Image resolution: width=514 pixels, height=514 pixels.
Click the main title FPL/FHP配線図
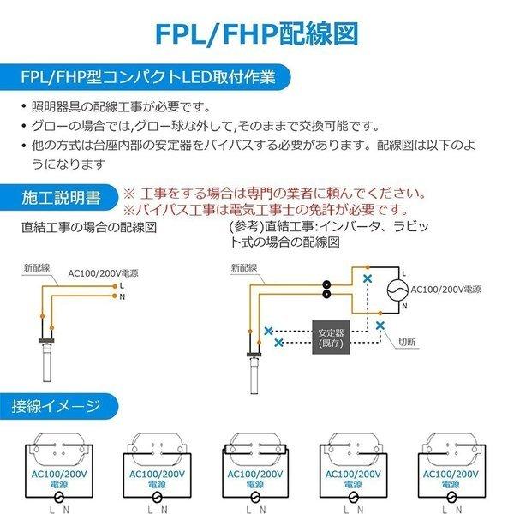pyautogui.click(x=257, y=33)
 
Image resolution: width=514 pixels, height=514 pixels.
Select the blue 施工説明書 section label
pyautogui.click(x=60, y=199)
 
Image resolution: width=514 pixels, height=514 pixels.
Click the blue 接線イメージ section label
pyautogui.click(x=57, y=405)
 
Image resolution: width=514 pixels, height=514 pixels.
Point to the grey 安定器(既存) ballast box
pyautogui.click(x=330, y=338)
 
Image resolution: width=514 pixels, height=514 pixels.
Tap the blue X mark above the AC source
pyautogui.click(x=368, y=278)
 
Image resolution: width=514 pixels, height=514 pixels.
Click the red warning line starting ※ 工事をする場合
pyautogui.click(x=274, y=194)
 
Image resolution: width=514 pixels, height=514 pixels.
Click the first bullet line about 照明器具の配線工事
pyautogui.click(x=120, y=107)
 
